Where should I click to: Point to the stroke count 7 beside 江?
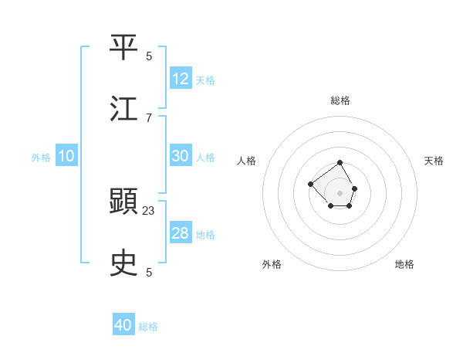click(149, 117)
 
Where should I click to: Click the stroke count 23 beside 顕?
click(149, 210)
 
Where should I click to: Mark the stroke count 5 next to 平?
click(149, 56)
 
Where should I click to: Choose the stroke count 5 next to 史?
click(149, 272)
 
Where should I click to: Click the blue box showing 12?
click(181, 79)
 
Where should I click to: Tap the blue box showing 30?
click(181, 156)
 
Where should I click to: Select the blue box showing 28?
click(181, 233)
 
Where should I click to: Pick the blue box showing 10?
click(66, 156)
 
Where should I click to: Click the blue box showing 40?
click(123, 325)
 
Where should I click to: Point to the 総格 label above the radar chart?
click(340, 100)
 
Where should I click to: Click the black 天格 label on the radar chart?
click(434, 161)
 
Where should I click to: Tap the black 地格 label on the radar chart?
click(404, 264)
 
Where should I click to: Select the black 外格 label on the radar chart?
click(272, 264)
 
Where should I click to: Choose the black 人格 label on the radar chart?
click(247, 161)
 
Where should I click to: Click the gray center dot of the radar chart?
click(340, 192)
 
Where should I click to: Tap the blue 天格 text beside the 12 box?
click(205, 80)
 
